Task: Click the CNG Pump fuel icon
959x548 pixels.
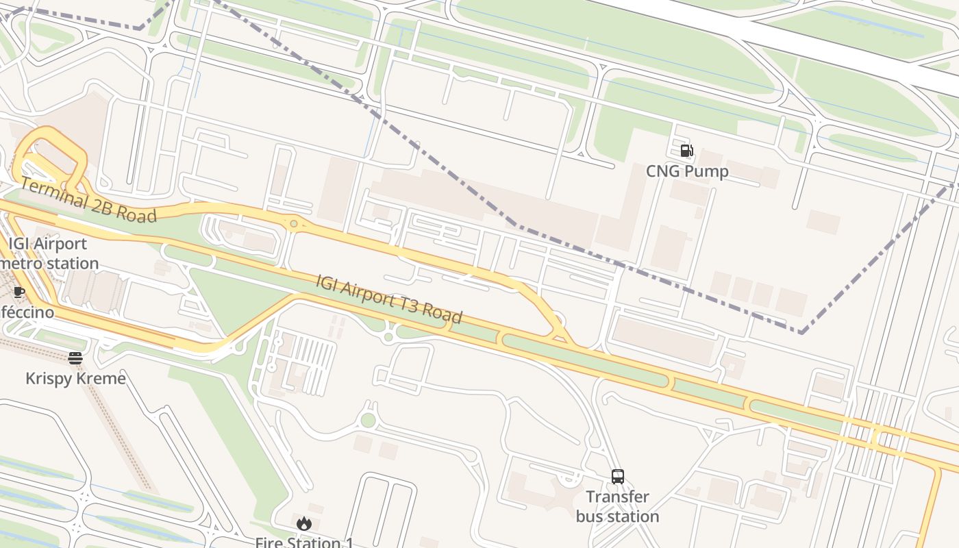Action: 686,151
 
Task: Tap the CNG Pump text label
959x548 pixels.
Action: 687,171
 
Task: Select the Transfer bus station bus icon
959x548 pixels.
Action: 617,477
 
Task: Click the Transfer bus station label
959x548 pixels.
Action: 617,507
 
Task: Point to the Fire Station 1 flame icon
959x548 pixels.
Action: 303,524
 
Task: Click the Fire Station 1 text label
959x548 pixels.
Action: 304,543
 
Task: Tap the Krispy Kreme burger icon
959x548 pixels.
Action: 75,358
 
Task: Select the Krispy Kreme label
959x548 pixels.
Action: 75,379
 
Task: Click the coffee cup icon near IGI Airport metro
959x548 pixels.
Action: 18,292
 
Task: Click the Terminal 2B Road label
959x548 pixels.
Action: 88,199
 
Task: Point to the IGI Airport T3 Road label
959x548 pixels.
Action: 388,299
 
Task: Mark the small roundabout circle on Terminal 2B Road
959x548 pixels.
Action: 294,224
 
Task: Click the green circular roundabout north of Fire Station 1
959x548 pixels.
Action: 369,420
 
